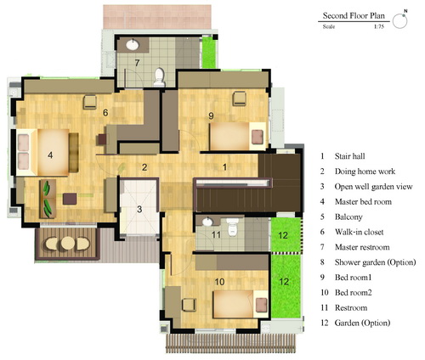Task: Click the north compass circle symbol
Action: click(399, 20)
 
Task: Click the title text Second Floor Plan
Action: click(354, 15)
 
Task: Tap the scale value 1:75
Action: click(379, 27)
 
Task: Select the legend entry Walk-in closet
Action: click(359, 232)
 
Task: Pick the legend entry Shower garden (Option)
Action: click(375, 262)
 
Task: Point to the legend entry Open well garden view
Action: click(373, 187)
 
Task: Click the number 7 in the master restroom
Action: click(137, 63)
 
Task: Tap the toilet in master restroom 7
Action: click(159, 76)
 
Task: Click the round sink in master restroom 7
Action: click(133, 45)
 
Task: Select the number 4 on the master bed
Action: click(50, 155)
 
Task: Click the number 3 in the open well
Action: click(139, 210)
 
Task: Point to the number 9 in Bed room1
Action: click(211, 115)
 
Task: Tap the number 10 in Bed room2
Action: click(219, 282)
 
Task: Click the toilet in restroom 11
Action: click(232, 227)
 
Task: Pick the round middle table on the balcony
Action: click(68, 243)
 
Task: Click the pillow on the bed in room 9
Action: click(258, 137)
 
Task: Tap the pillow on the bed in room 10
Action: click(261, 305)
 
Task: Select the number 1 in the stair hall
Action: click(224, 167)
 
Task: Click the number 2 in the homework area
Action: click(144, 167)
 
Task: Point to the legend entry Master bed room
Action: click(363, 202)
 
